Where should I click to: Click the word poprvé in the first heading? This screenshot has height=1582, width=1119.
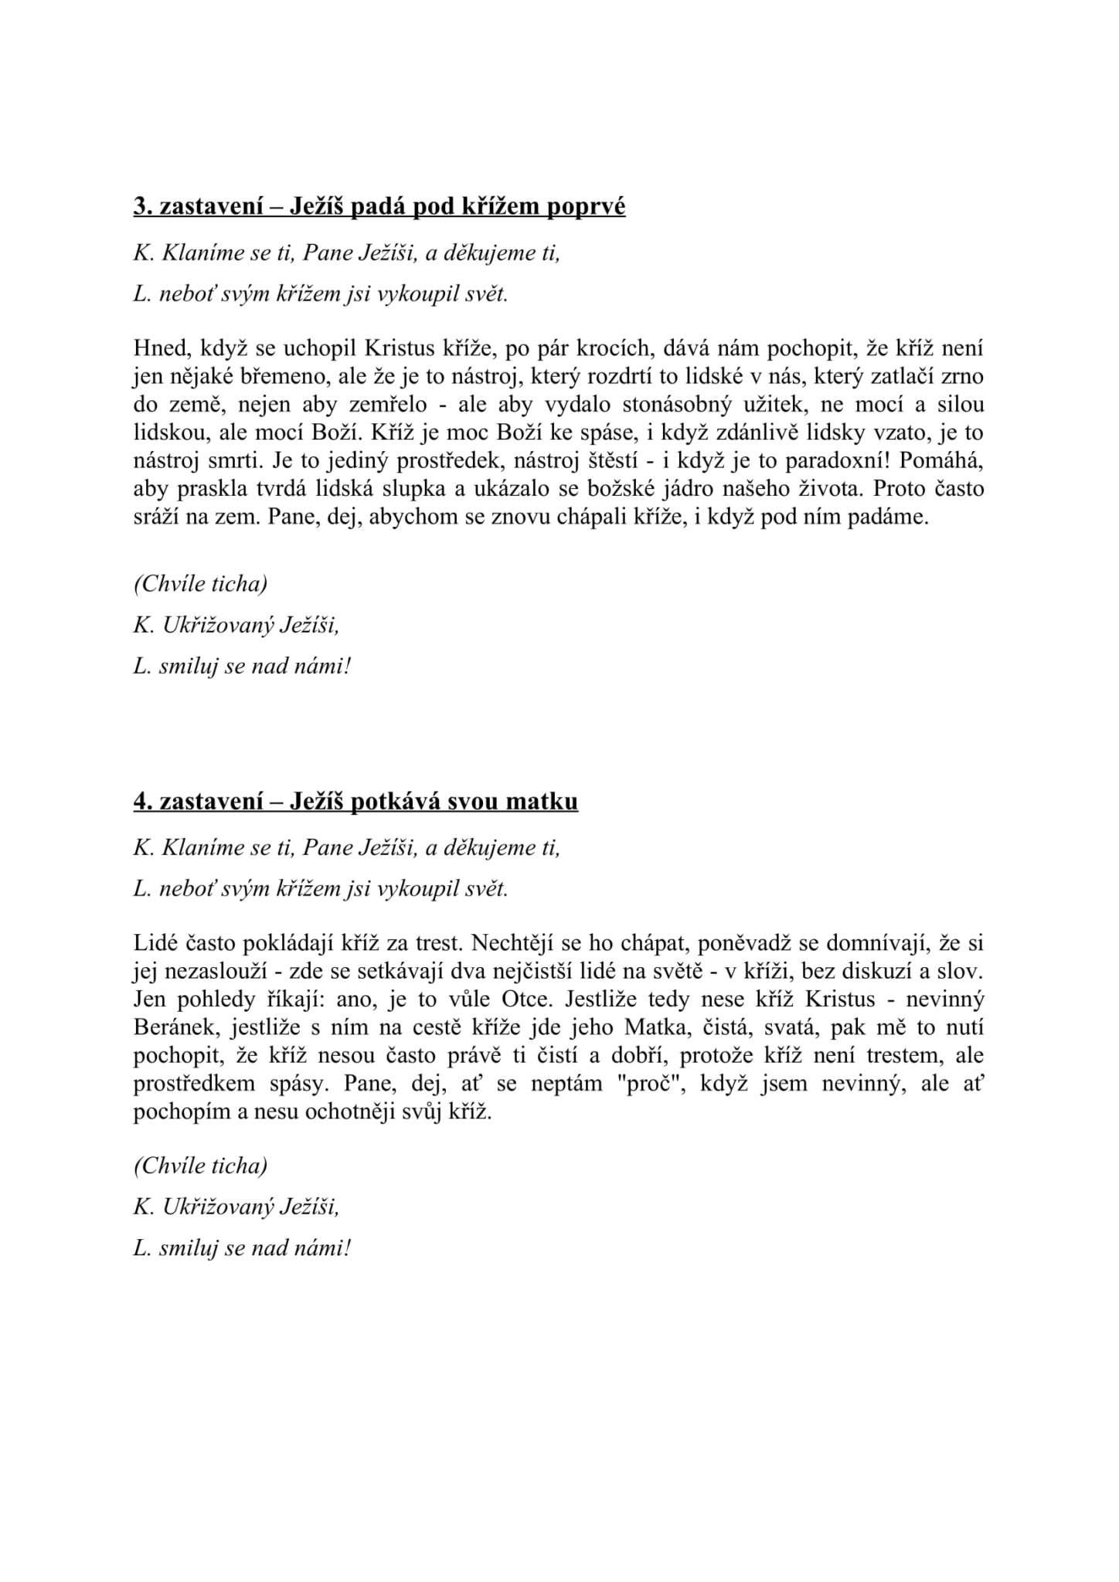587,207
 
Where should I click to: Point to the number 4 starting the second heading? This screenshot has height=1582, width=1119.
139,802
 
